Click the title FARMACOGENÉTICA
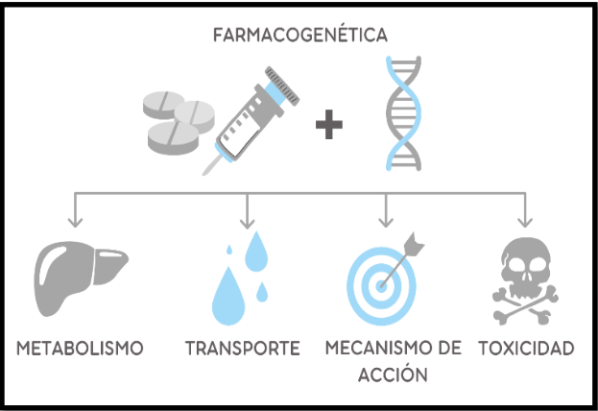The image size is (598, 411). click(300, 35)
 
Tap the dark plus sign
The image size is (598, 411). click(329, 125)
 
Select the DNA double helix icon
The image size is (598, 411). click(403, 113)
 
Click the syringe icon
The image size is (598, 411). click(251, 121)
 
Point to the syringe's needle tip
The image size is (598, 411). click(203, 174)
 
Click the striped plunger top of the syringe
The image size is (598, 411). click(282, 85)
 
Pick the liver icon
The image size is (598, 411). click(81, 278)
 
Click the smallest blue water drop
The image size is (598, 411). click(229, 250)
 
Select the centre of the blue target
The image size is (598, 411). click(381, 286)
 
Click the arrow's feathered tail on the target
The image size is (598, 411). click(414, 244)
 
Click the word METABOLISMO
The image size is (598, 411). click(80, 348)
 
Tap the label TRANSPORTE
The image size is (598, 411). click(243, 348)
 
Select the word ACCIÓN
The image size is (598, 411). click(393, 375)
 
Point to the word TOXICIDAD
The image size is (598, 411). click(526, 348)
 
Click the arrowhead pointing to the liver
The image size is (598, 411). click(75, 223)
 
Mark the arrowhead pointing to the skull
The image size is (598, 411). click(525, 223)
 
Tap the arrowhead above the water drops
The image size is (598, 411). click(247, 223)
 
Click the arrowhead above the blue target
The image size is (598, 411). click(386, 223)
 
